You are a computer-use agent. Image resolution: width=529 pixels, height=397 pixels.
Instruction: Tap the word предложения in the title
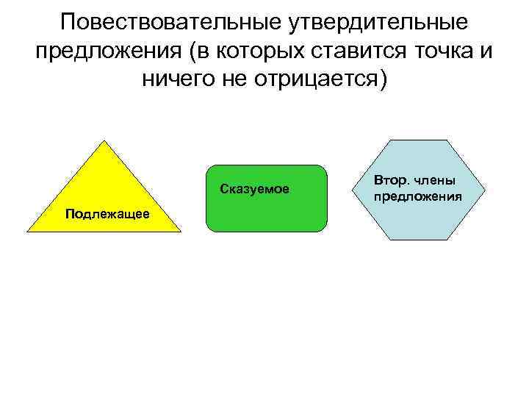[x=107, y=51]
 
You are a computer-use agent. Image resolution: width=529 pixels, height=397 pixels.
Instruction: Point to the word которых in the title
[x=262, y=51]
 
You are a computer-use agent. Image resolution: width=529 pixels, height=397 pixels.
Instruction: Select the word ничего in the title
[x=176, y=79]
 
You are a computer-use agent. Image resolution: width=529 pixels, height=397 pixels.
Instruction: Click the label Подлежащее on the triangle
[x=107, y=214]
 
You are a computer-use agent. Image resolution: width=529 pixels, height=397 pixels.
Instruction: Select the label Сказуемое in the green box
[x=254, y=190]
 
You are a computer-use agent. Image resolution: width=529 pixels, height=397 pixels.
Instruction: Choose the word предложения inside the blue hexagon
[x=417, y=196]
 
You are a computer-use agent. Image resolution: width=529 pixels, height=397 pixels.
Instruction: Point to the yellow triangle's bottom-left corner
[x=27, y=232]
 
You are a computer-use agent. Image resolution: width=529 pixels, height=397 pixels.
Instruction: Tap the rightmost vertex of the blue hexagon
[x=486, y=190]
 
